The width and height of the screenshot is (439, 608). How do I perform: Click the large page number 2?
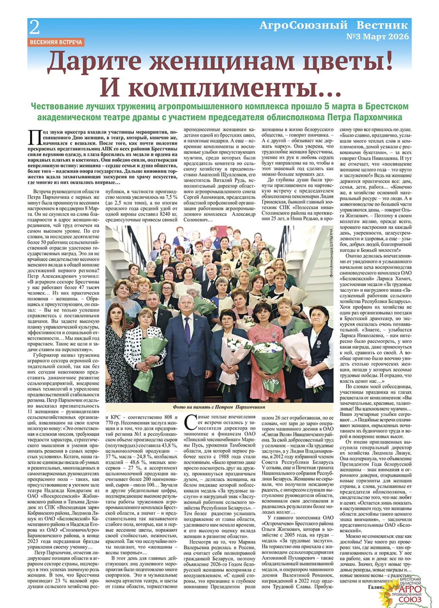pyautogui.click(x=34, y=28)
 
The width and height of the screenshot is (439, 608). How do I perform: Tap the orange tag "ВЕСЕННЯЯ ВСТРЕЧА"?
pyautogui.click(x=56, y=42)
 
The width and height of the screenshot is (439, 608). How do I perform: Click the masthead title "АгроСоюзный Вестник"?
pyautogui.click(x=333, y=25)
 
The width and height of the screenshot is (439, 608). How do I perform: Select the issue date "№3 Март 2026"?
pyautogui.click(x=377, y=36)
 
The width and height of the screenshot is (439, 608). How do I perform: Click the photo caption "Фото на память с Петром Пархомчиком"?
pyautogui.click(x=219, y=407)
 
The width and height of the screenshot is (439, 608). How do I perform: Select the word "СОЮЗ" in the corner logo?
pyautogui.click(x=410, y=599)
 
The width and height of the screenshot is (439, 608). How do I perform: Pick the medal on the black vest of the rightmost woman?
pyautogui.click(x=319, y=344)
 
